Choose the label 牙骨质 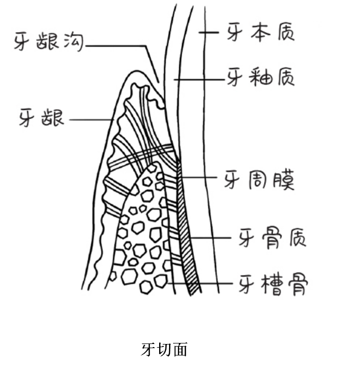[x=272, y=239]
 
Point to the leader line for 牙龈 [x=91, y=119]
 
